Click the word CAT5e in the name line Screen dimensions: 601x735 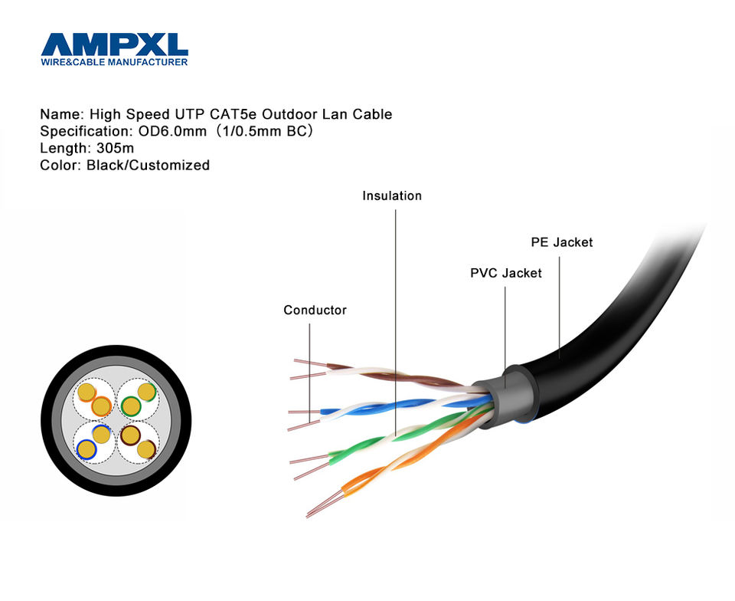click(234, 114)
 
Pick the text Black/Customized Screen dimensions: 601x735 click(148, 165)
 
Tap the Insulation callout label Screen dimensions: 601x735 click(392, 196)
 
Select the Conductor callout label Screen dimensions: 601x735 click(315, 310)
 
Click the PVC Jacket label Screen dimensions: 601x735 click(505, 273)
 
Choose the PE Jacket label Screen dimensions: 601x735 click(561, 242)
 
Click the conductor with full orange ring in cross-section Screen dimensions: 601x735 click(101, 406)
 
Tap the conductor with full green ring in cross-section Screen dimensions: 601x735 click(131, 406)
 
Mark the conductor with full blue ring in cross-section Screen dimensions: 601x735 click(86, 448)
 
